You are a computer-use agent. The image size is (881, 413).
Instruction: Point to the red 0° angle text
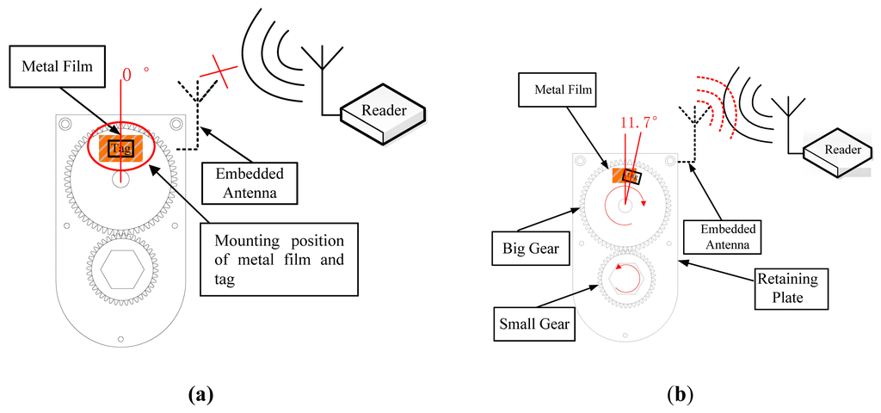click(x=132, y=76)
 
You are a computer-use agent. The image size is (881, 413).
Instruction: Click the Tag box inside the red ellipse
click(x=122, y=148)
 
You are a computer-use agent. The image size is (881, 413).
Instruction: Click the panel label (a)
click(x=199, y=394)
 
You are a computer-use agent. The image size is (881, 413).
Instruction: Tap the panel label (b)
click(x=679, y=394)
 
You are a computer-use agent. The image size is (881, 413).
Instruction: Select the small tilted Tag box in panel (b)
click(x=632, y=176)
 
